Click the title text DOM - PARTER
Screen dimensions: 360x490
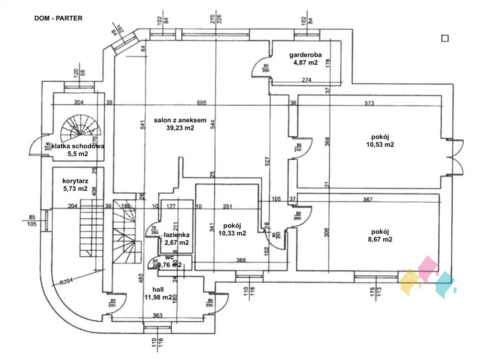(58, 19)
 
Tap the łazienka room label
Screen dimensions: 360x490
(177, 235)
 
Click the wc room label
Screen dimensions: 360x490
(169, 257)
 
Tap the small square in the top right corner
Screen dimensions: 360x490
(445, 39)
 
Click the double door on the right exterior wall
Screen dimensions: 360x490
(455, 158)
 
